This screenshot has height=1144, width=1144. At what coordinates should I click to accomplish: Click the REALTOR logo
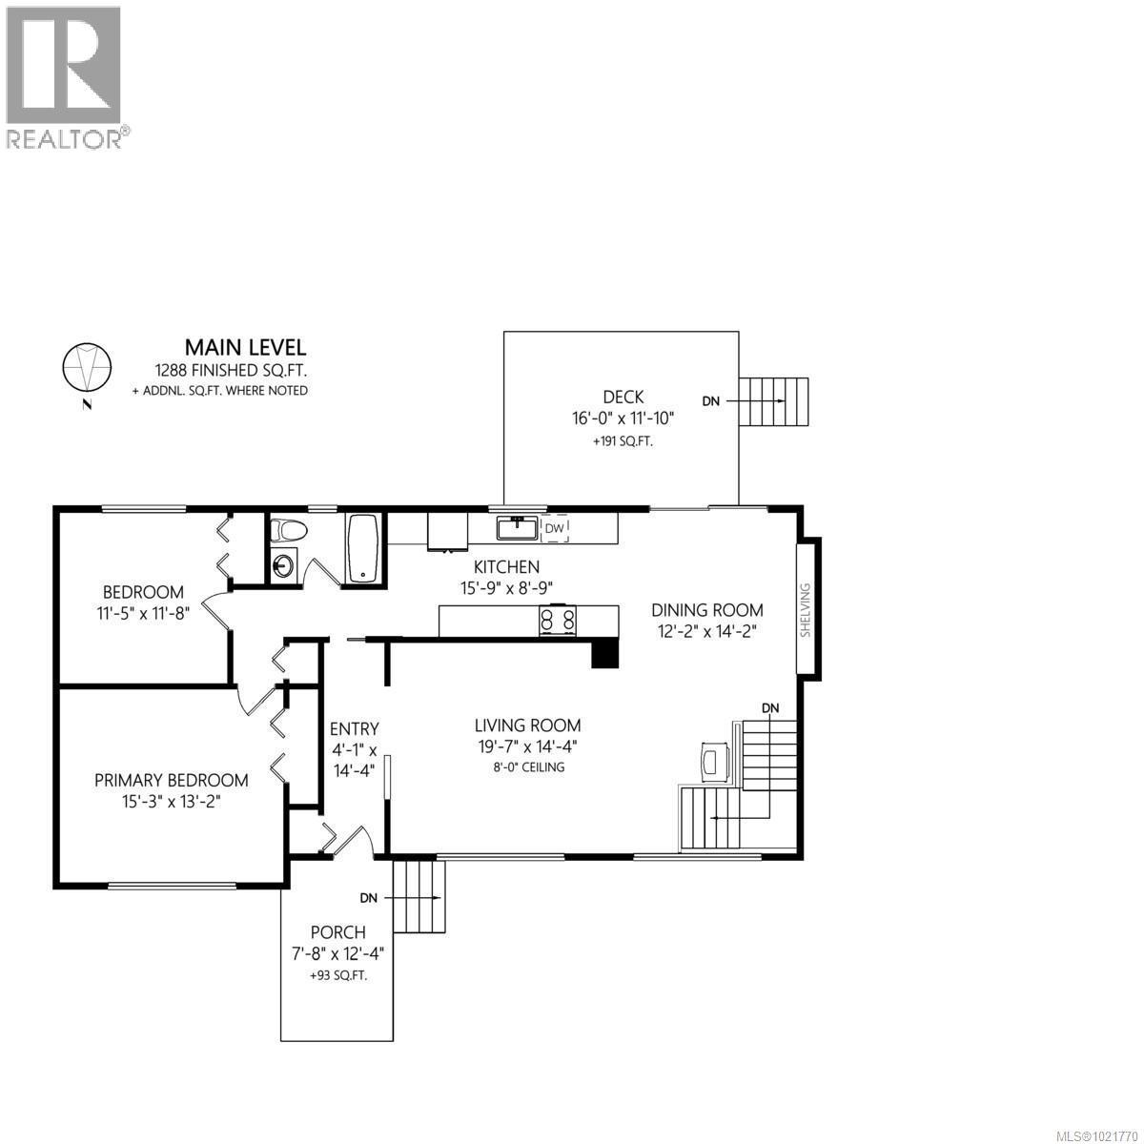tap(64, 76)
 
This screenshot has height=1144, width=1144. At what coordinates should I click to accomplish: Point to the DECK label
tap(623, 397)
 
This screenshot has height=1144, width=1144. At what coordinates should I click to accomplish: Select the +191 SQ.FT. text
tap(623, 441)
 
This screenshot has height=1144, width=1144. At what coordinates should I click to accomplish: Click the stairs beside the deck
tap(774, 401)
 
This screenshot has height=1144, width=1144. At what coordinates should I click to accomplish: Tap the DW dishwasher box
tap(555, 527)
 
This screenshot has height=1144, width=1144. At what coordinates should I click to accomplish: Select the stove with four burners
tap(559, 621)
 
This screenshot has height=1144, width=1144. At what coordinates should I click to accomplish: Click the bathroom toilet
tap(286, 530)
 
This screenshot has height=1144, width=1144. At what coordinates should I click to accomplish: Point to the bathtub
tap(364, 548)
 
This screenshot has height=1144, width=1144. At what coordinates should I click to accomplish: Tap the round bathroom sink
tap(283, 565)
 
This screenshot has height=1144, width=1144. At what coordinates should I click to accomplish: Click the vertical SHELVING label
tap(805, 609)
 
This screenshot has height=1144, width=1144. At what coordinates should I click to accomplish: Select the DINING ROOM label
tap(706, 610)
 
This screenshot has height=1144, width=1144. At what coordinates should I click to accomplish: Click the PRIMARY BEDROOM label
tap(172, 780)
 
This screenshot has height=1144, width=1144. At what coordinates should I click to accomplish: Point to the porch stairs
tap(419, 897)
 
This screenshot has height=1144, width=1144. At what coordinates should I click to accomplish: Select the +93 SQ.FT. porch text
tap(337, 975)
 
